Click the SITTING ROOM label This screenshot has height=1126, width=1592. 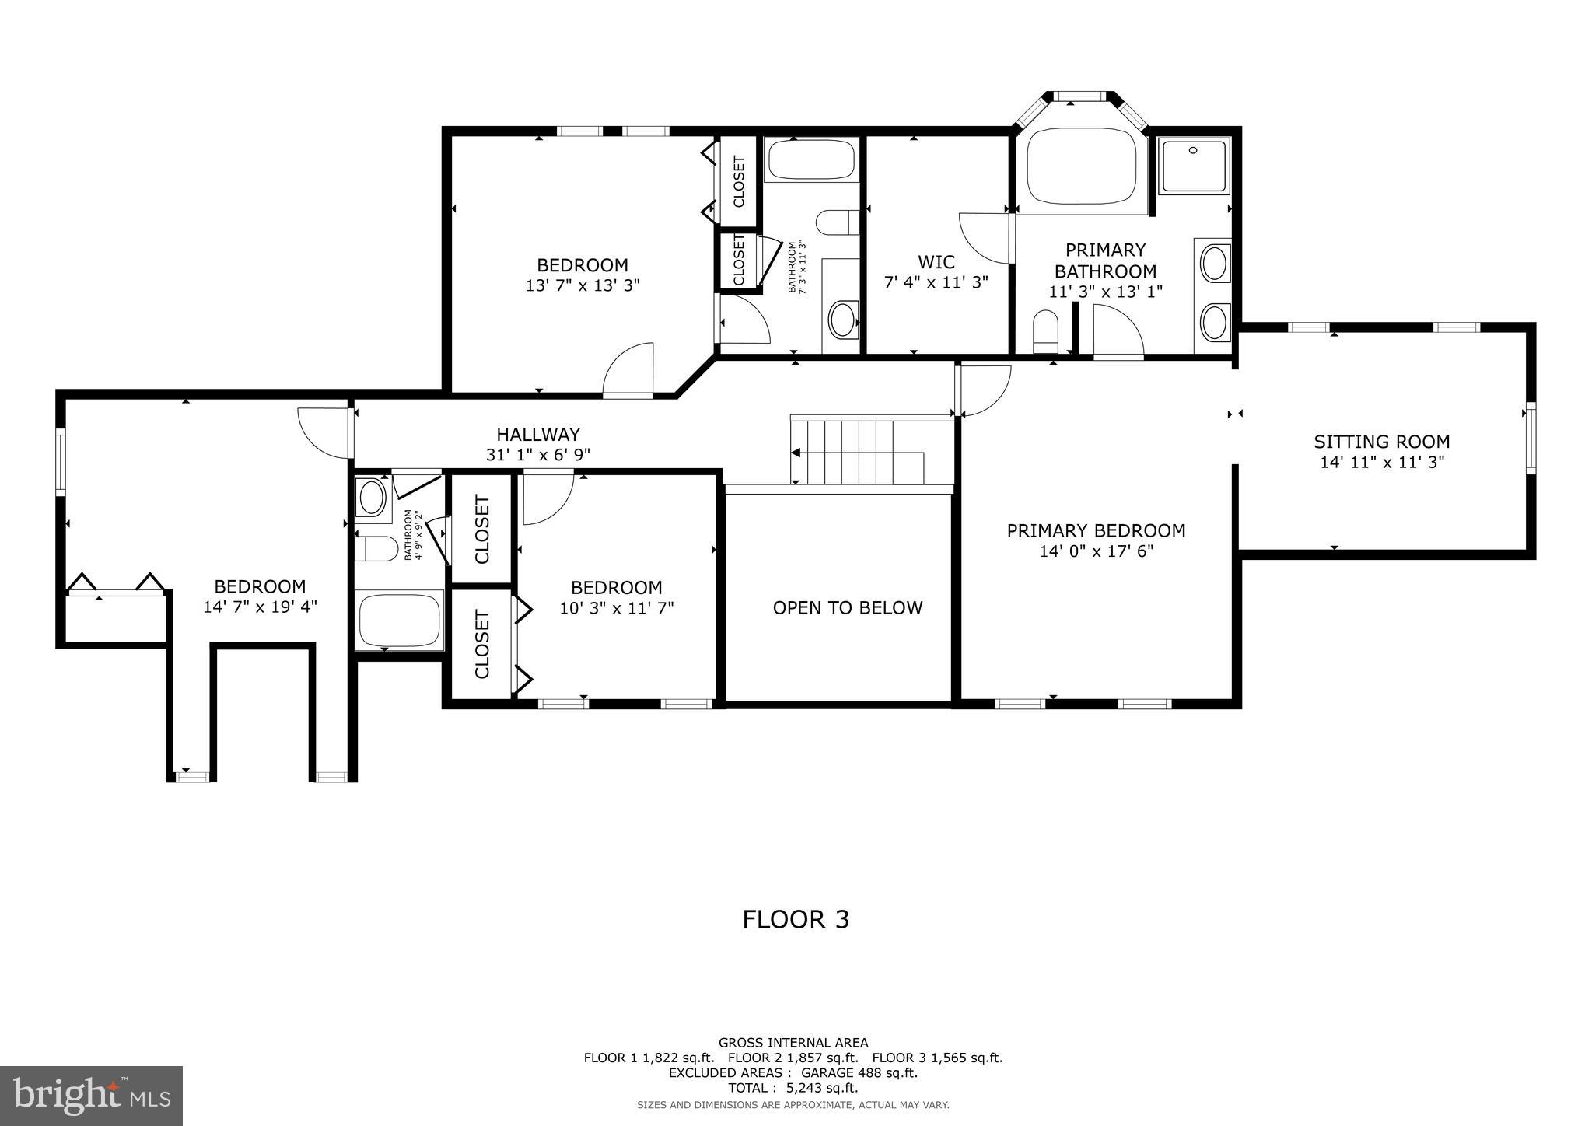[x=1381, y=442]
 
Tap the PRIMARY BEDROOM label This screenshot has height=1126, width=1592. [x=1096, y=530]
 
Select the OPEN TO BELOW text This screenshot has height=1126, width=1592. [x=847, y=607]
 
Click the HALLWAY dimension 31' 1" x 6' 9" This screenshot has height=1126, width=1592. [x=538, y=455]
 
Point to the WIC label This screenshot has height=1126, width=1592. [x=936, y=262]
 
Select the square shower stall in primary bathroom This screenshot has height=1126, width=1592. [x=1193, y=166]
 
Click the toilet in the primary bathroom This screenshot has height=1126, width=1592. [x=1046, y=331]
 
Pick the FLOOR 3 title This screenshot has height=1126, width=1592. [x=796, y=919]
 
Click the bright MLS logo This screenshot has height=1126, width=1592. [x=91, y=1096]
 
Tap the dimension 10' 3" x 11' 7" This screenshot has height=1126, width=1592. [x=617, y=607]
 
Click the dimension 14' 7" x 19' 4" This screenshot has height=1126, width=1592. [x=260, y=607]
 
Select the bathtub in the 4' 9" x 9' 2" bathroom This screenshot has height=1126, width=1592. [x=399, y=620]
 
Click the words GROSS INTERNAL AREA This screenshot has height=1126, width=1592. [x=793, y=1043]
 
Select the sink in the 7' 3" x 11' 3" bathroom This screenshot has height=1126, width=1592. [x=842, y=320]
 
